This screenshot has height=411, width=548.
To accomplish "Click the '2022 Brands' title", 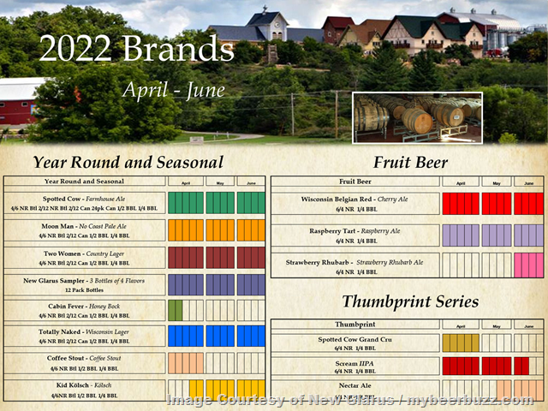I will pos(136,49).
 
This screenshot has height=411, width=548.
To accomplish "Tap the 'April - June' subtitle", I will pos(173,89).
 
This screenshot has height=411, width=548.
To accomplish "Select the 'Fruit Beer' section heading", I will pos(410,162).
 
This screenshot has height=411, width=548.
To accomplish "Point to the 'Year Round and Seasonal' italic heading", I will pos(128,162).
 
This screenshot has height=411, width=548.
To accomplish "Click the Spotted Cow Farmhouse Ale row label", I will pos(85,203).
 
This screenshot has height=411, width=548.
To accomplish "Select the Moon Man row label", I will pos(85,231).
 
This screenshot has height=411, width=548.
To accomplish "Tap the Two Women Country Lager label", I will pos(85,258).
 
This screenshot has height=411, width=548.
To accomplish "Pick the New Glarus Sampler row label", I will pos(85,284).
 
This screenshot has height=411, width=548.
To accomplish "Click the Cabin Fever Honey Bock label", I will pos(85,310).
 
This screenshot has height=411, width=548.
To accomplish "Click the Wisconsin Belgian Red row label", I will pos(354,204).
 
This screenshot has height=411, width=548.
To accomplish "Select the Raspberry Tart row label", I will pos(354,235).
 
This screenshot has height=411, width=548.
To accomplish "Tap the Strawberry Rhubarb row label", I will pos(354,266).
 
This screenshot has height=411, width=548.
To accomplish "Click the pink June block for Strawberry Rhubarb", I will pos(528,265).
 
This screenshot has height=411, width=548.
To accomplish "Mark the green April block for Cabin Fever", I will pos(176,310).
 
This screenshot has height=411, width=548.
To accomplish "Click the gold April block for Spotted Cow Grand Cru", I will pos(461,343).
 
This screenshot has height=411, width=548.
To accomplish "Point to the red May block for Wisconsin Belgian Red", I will pos(496,204).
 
